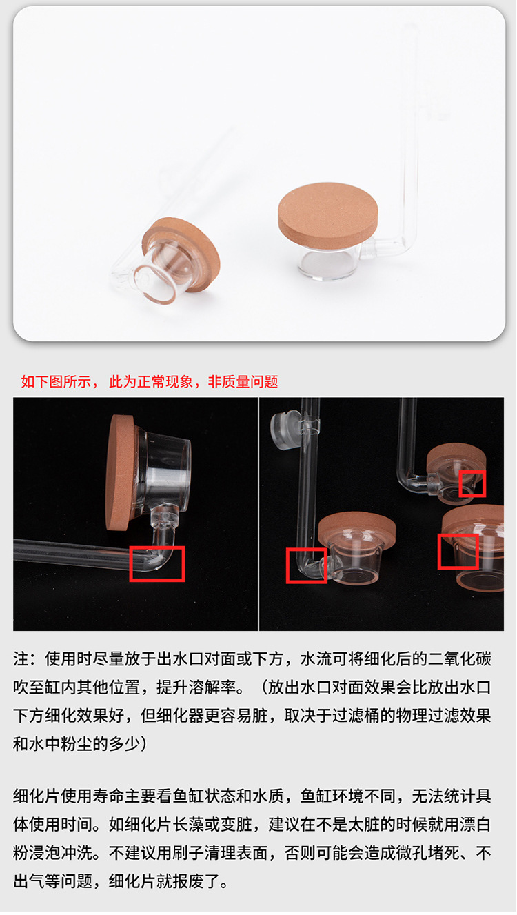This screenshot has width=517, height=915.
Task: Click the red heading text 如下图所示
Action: (56, 381)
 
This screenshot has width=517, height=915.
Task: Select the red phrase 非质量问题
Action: (243, 381)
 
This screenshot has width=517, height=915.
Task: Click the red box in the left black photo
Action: (157, 564)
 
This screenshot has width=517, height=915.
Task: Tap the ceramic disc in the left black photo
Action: (120, 472)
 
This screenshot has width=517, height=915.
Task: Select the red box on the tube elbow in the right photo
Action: (306, 565)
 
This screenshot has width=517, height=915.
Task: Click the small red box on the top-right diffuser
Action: (472, 483)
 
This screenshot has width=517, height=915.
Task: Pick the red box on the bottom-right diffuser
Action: (458, 552)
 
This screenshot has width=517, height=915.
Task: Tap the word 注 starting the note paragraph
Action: (21, 659)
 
